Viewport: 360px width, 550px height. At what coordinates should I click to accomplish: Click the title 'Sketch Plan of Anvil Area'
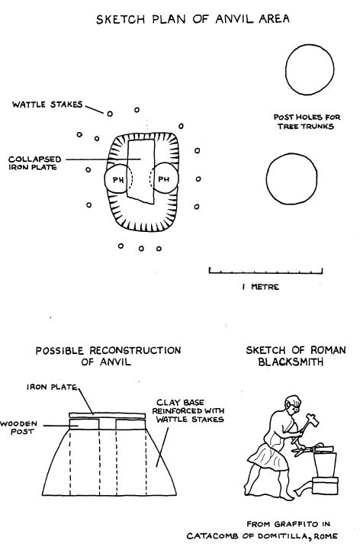[193, 18]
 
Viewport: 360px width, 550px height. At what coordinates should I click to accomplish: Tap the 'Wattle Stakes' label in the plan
[47, 105]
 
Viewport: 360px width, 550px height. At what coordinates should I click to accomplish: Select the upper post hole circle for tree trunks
[310, 69]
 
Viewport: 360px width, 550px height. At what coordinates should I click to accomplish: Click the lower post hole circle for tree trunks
[291, 179]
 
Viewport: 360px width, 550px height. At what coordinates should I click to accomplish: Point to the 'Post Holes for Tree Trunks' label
[307, 122]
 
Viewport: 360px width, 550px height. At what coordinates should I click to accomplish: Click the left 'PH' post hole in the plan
[105, 179]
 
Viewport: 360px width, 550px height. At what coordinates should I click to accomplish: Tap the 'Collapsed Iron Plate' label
[35, 163]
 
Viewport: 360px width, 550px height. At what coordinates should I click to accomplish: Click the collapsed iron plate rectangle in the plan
[141, 172]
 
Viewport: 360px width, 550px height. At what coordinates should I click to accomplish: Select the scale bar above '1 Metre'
[265, 271]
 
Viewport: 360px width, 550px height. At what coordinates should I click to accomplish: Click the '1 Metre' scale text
[261, 287]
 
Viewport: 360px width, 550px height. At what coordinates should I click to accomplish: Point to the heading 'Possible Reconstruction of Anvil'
[108, 356]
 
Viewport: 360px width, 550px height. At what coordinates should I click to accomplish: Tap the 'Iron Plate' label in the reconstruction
[52, 387]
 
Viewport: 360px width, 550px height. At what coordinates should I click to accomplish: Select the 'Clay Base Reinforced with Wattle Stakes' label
[188, 410]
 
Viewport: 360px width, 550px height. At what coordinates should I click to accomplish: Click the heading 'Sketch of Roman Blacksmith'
[296, 355]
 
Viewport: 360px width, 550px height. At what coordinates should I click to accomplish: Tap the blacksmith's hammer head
[312, 420]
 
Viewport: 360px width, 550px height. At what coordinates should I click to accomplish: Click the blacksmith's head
[293, 404]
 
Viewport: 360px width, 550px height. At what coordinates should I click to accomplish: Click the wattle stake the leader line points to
[110, 114]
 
